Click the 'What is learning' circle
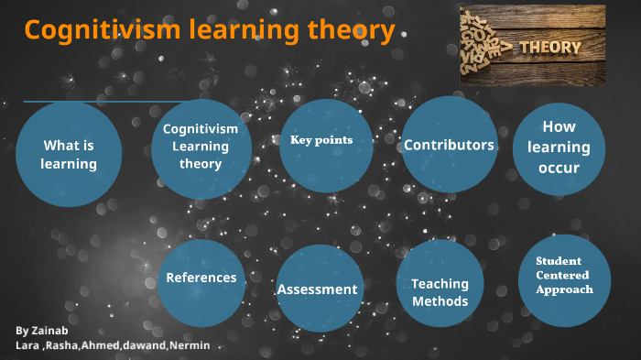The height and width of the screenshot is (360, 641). (69, 154)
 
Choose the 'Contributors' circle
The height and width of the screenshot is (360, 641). (449, 145)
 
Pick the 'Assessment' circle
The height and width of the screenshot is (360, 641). (319, 289)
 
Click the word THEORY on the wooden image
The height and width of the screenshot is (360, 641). (549, 47)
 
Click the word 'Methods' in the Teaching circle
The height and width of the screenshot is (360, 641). (440, 301)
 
